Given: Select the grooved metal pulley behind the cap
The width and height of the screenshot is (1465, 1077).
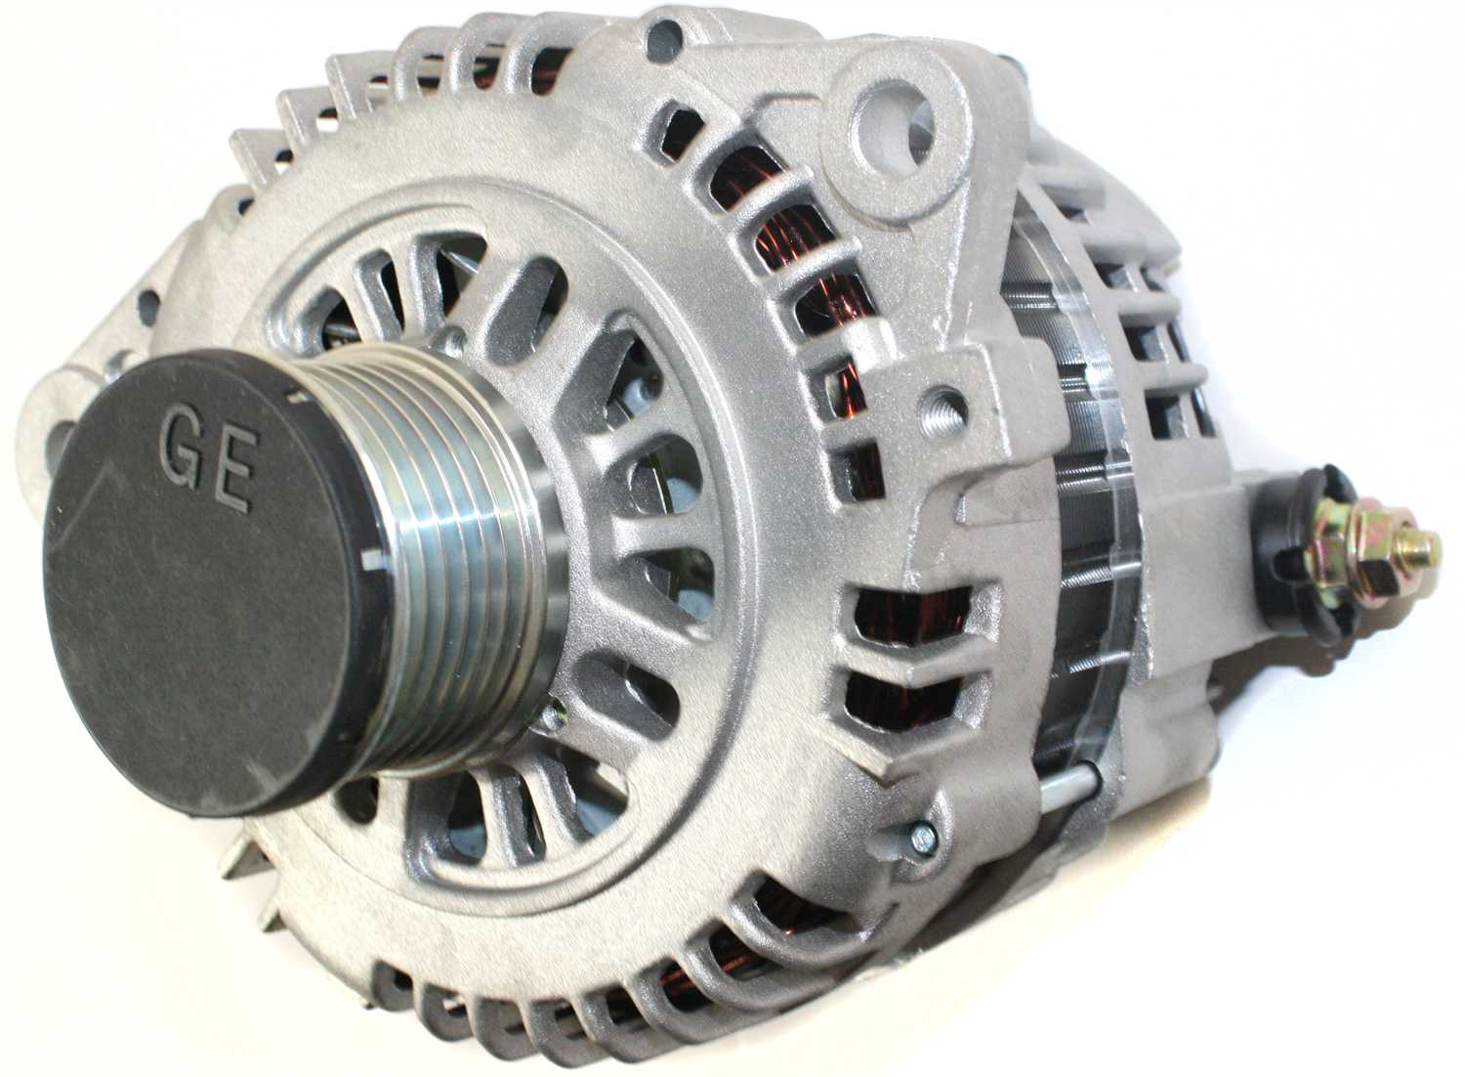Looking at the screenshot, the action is click(458, 556).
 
